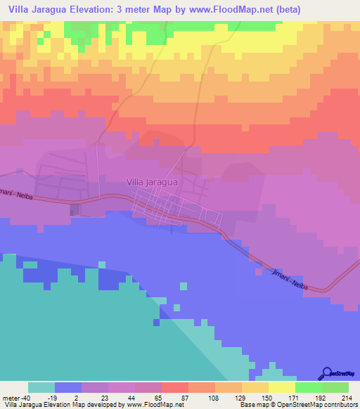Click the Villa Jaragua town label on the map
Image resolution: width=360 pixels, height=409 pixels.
coord(151,181)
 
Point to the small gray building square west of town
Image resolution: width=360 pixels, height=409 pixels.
coord(75,209)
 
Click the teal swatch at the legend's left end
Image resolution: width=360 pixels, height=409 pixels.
coord(41,387)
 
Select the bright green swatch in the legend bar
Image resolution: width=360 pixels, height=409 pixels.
coord(309,387)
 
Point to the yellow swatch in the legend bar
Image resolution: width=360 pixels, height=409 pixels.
coord(282,387)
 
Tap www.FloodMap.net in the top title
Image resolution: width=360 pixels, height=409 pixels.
coord(234,9)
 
